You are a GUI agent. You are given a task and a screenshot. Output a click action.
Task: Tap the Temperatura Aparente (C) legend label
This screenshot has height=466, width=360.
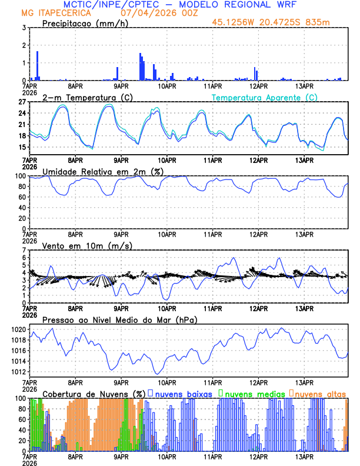click(x=265, y=97)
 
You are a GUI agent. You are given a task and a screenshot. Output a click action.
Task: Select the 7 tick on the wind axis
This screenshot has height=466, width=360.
click(x=25, y=250)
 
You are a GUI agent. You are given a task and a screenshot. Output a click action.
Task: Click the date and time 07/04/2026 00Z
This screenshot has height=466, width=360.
click(x=151, y=13)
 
